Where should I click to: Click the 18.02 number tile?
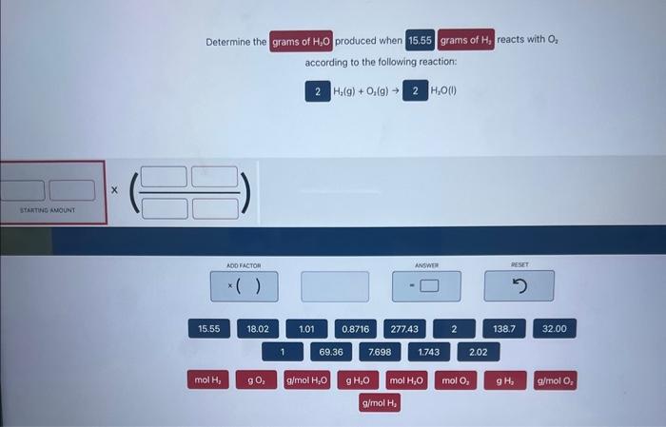click(257, 329)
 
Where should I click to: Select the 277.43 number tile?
click(404, 329)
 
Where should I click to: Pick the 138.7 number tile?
click(503, 329)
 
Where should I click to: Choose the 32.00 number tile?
click(554, 329)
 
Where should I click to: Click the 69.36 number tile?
click(331, 352)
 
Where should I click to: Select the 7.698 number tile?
click(380, 352)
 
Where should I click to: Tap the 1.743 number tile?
click(429, 352)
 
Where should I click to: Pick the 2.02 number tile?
click(479, 352)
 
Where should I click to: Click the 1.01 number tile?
click(306, 329)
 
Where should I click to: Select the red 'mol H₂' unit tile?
click(207, 380)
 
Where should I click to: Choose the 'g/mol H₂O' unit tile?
click(307, 380)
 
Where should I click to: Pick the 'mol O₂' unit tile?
click(454, 380)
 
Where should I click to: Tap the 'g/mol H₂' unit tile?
click(380, 403)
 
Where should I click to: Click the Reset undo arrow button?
click(519, 286)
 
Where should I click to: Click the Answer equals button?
click(426, 286)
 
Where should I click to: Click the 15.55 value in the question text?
click(420, 40)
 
